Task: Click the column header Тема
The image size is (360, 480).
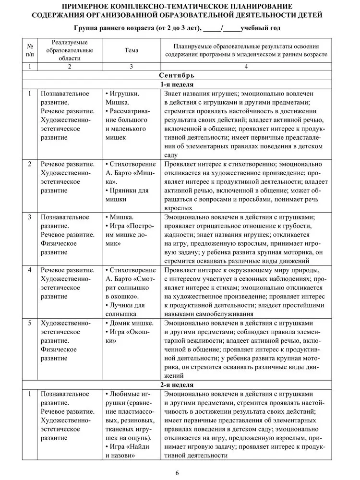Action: click(x=131, y=50)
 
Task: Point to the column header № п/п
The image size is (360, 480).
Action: click(x=30, y=50)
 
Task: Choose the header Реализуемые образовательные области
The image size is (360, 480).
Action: click(x=70, y=50)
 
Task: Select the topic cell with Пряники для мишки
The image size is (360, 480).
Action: click(x=123, y=195)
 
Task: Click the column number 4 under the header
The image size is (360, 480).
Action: click(x=246, y=67)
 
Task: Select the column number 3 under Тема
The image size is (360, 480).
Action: click(x=131, y=67)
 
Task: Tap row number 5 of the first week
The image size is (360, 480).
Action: click(x=30, y=323)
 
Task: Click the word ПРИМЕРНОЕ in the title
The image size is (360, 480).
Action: click(x=90, y=6)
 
